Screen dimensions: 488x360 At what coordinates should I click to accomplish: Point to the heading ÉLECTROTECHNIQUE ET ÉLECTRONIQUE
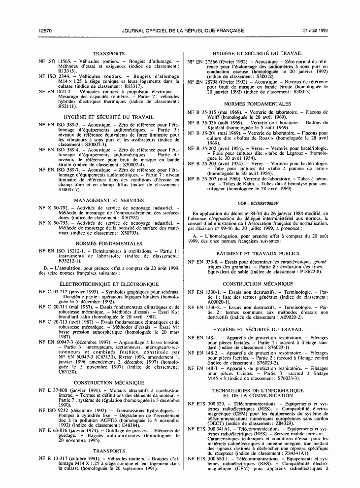[108, 284]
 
